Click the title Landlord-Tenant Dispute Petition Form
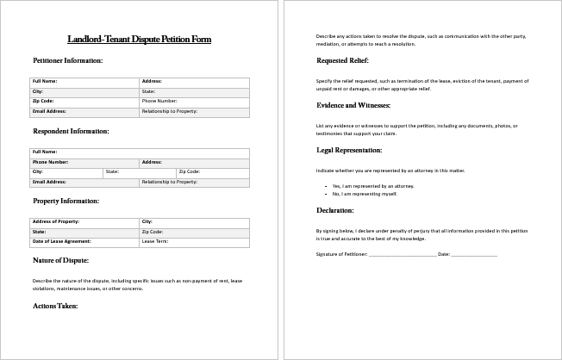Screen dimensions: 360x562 [139, 40]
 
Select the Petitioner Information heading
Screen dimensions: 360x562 [68, 60]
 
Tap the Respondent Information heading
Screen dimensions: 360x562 [71, 131]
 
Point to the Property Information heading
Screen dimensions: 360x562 [66, 201]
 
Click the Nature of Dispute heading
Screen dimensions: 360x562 [60, 259]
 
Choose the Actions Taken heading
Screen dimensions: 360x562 [55, 305]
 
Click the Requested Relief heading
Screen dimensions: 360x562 [342, 60]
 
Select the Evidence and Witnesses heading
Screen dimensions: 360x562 [353, 105]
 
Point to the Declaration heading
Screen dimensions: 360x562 [334, 210]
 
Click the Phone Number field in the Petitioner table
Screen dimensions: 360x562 [195, 101]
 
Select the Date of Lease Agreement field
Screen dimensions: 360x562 [84, 242]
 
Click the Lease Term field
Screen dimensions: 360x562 [195, 242]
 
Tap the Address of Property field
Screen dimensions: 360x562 [84, 221]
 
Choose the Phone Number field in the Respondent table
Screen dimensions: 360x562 [84, 162]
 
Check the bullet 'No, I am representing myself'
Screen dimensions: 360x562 [365, 194]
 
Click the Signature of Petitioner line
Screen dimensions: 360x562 [402, 255]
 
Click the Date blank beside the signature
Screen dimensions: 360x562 [474, 255]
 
